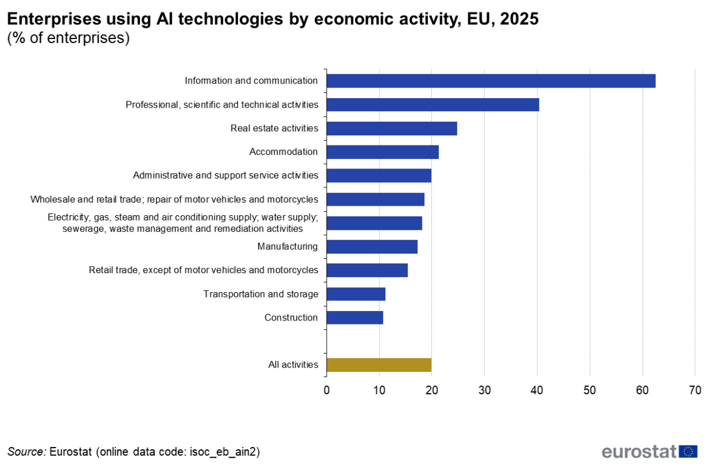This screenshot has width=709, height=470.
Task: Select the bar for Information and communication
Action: (x=490, y=81)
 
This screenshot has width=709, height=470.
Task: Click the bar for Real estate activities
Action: (x=392, y=128)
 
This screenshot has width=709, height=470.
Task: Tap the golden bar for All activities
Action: (x=379, y=365)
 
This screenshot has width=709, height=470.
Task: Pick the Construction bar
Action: (x=354, y=317)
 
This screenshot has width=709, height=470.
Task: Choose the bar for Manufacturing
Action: (x=372, y=247)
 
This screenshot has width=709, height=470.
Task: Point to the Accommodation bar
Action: (x=382, y=152)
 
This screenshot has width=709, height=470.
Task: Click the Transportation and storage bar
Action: (x=356, y=294)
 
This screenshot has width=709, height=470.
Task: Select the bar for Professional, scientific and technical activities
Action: (x=432, y=105)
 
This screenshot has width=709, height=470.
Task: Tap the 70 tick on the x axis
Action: (x=695, y=390)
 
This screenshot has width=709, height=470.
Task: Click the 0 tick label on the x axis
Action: (x=327, y=390)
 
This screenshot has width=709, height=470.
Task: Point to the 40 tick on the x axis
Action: (x=537, y=390)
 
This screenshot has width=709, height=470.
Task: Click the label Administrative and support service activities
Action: (x=225, y=176)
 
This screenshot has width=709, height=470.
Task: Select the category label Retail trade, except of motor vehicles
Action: (x=203, y=270)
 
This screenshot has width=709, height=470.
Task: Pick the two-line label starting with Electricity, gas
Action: (x=183, y=223)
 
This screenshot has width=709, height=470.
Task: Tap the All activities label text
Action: (x=293, y=365)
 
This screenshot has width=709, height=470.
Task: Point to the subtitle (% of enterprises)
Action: (x=68, y=39)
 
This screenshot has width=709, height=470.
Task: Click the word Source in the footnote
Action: (x=27, y=452)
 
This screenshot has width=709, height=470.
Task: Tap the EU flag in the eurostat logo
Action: (x=688, y=452)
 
